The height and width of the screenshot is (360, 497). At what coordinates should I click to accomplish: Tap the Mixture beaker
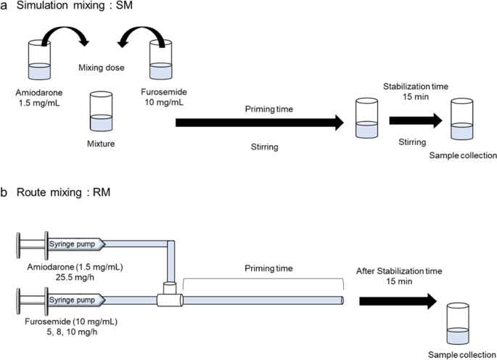click(x=100, y=109)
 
